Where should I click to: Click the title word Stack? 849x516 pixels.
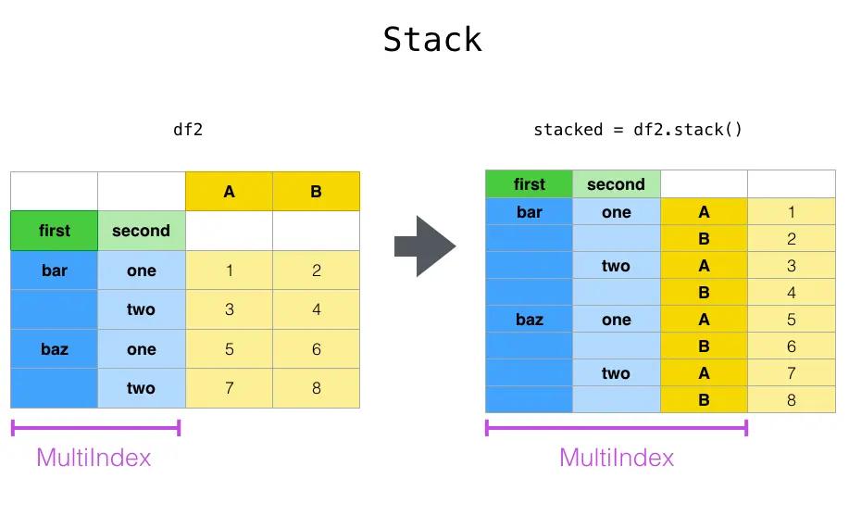tap(432, 40)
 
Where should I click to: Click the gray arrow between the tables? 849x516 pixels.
tap(425, 246)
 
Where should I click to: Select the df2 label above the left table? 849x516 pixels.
tap(188, 130)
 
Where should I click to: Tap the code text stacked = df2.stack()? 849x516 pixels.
tap(637, 130)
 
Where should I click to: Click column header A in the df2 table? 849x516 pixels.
tap(229, 192)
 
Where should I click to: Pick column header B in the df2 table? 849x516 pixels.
tap(317, 192)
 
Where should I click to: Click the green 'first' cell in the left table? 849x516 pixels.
tap(54, 231)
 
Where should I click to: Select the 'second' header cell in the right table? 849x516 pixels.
tap(617, 184)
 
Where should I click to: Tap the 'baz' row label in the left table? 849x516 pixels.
tap(54, 349)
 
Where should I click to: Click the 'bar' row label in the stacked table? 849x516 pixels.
tap(529, 212)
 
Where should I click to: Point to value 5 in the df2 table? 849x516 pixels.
tap(229, 349)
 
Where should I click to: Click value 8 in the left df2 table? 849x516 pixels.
tap(317, 388)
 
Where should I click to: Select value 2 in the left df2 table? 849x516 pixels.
tap(317, 271)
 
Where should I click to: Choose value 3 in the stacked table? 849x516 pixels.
tap(791, 266)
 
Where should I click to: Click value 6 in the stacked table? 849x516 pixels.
tap(791, 346)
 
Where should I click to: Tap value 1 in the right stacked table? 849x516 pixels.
tap(791, 212)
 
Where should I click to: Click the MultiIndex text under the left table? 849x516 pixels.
tap(94, 458)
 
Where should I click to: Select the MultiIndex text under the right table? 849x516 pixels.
tap(617, 458)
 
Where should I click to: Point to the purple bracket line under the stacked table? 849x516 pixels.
tap(617, 428)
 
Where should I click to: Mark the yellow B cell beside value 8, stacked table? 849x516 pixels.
tap(704, 399)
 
